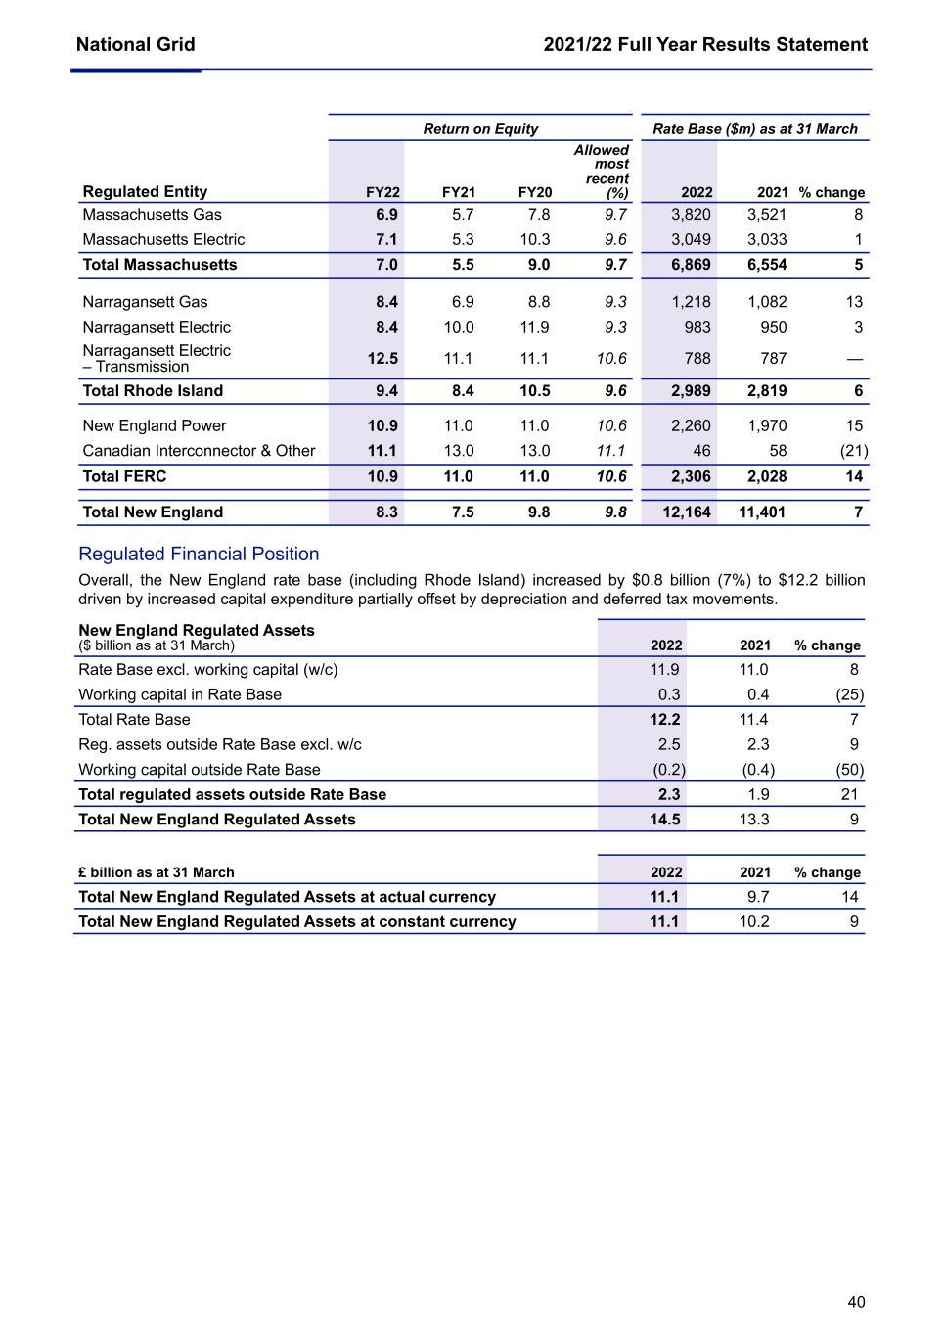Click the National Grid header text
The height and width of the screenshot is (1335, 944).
click(x=135, y=45)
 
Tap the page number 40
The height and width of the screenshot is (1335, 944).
click(x=856, y=1302)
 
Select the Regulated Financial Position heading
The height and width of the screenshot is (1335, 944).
click(x=199, y=555)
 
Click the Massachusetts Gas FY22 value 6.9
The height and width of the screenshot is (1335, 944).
click(x=386, y=215)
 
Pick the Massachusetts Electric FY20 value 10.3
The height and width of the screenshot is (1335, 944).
click(x=534, y=240)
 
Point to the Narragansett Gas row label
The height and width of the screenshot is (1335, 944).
click(x=145, y=302)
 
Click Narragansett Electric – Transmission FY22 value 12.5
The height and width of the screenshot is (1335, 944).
click(x=382, y=359)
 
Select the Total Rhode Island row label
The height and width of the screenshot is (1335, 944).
click(x=153, y=391)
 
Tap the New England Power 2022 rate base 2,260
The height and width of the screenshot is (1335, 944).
click(x=691, y=426)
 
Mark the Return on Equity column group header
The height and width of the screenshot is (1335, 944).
click(x=480, y=129)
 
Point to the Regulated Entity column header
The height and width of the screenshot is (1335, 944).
click(x=145, y=192)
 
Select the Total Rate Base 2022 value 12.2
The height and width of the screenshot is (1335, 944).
click(x=665, y=720)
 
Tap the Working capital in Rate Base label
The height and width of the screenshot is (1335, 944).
click(x=180, y=695)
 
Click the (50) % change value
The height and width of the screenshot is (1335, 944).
click(x=849, y=770)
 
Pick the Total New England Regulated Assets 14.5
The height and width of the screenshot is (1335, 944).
click(x=665, y=820)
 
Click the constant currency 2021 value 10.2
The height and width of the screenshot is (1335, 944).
click(x=753, y=922)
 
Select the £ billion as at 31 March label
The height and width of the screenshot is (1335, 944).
click(x=157, y=872)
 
